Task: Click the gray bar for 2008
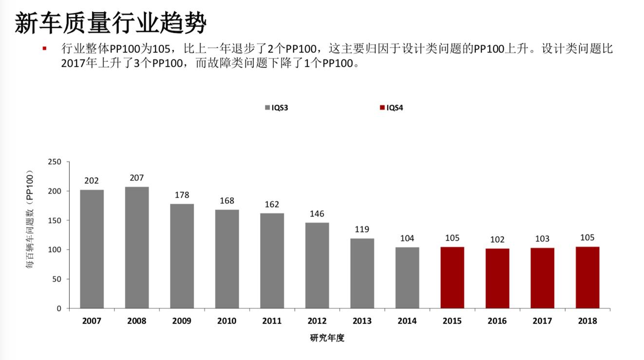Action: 137,247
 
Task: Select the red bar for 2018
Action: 587,277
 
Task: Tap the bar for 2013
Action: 362,273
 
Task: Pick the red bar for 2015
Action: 452,277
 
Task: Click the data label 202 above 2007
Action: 92,181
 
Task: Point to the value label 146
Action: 317,214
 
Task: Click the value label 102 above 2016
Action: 497,239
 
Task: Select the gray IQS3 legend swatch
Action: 267,108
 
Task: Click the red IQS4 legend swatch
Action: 382,108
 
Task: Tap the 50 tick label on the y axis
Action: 57,279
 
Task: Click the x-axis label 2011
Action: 272,321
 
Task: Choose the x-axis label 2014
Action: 407,321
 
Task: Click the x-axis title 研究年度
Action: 327,338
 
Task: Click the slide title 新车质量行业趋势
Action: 111,22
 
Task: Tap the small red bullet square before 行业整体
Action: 44,48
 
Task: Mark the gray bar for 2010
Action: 227,259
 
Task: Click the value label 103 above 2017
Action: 542,239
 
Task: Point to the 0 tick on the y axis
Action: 59,308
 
